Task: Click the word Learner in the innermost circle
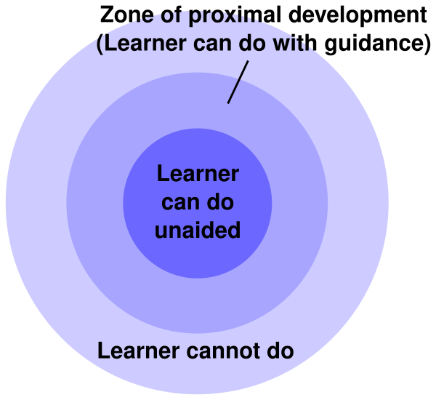coord(198,175)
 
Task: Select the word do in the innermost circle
coord(222,203)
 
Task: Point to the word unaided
coord(198,231)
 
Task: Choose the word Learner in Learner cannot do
coord(138,351)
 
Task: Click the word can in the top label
coord(211,44)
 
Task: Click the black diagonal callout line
coord(238,81)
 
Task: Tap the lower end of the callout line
coord(229,102)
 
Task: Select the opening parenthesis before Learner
coord(101,44)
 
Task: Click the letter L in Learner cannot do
coord(104,351)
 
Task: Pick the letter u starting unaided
coord(161,231)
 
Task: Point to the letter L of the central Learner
coord(162,175)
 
